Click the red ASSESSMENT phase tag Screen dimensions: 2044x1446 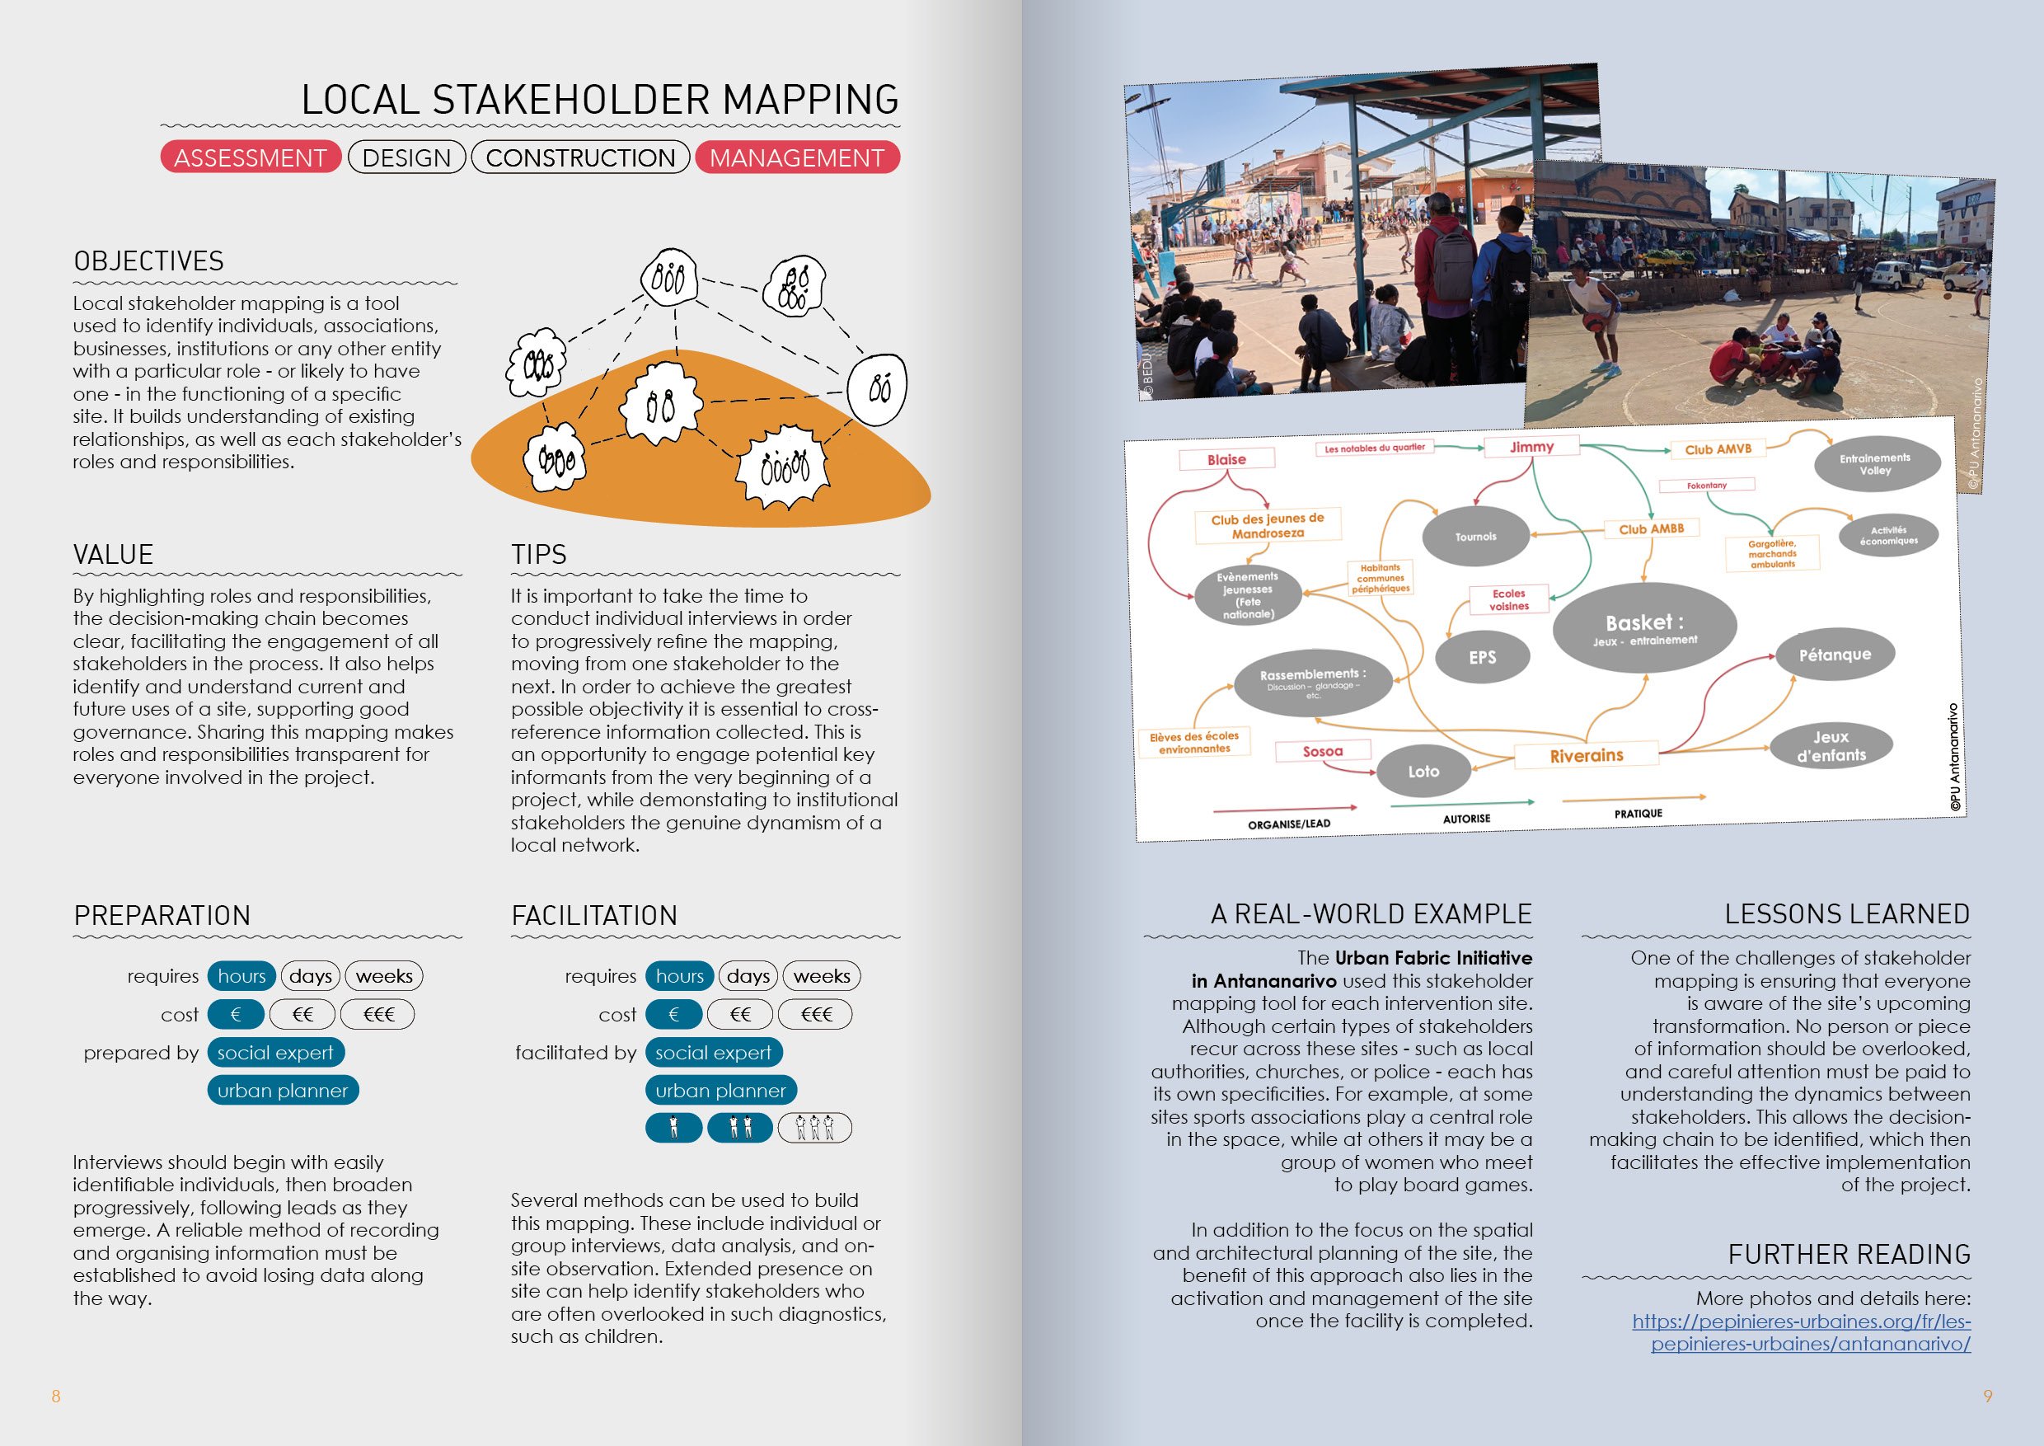(251, 157)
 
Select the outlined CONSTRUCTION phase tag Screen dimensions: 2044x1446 (580, 157)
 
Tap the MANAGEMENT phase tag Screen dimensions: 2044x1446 (797, 157)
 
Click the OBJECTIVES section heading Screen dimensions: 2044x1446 (148, 261)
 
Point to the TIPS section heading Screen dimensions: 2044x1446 (538, 555)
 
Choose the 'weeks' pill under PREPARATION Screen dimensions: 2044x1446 (384, 976)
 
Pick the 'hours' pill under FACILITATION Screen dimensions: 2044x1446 (679, 976)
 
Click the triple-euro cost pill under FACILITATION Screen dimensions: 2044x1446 (815, 1014)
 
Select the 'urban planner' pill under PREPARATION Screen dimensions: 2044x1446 (283, 1090)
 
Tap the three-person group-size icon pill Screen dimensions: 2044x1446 (814, 1127)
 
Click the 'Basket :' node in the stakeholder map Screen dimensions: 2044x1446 (1644, 627)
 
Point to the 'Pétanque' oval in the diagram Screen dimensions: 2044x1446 (1835, 655)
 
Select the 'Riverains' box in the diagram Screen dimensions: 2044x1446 (1587, 755)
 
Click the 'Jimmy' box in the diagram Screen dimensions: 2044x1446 (1531, 447)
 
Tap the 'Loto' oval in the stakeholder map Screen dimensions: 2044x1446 (1423, 771)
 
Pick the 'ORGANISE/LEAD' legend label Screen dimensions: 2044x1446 (1289, 824)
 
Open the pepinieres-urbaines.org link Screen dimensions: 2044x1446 (1802, 1332)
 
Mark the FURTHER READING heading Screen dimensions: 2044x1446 (1849, 1255)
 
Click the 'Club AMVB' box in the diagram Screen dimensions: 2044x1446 (1718, 449)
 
